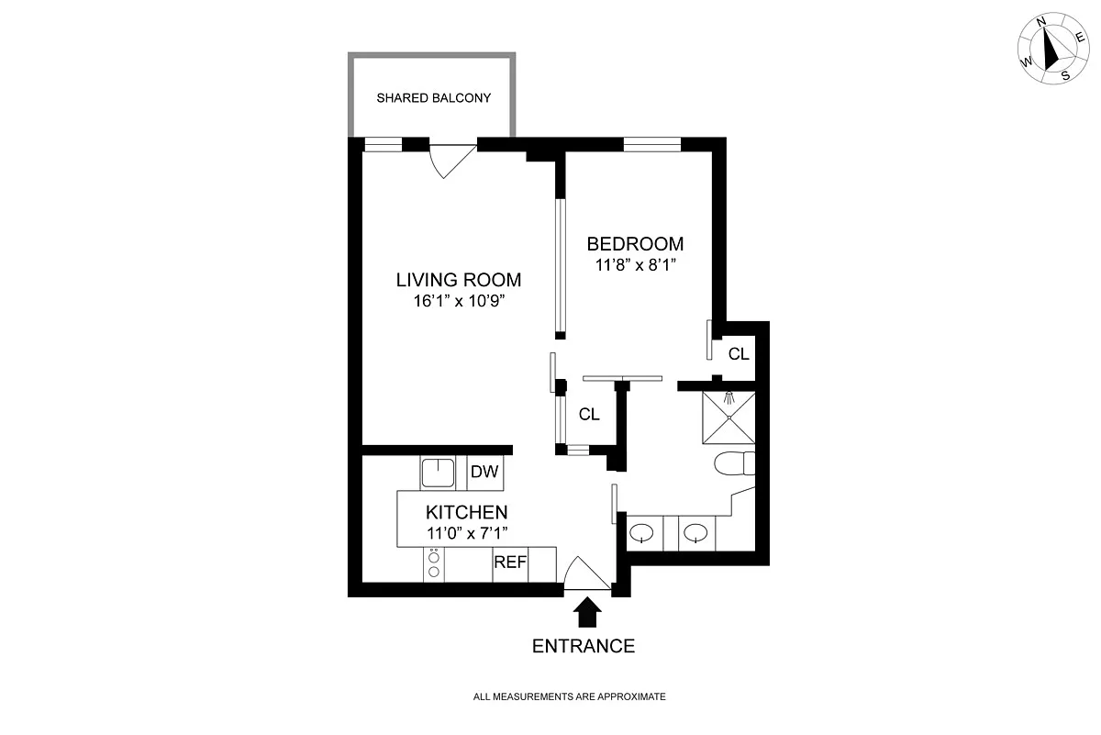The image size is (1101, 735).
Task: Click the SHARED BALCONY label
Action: pos(433,98)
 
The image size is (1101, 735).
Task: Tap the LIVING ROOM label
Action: pos(459,280)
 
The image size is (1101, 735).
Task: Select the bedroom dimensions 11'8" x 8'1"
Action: pos(636,265)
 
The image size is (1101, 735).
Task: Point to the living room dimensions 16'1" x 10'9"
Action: pos(459,301)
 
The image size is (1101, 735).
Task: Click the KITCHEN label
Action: pos(466,512)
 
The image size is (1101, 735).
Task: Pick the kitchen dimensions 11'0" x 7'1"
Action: pos(467,533)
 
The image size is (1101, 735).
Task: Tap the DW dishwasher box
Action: pos(485,473)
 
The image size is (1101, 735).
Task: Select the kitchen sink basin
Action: pos(438,473)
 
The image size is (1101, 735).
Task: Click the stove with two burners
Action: pos(433,564)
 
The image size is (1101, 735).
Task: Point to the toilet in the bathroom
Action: pos(734,463)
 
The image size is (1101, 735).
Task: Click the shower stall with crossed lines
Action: pos(728,418)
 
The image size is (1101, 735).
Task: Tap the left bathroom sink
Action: pos(642,532)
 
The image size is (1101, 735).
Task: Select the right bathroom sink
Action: pos(695,532)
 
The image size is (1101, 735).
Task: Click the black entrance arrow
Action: pos(587,612)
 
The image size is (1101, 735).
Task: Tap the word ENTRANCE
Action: pos(584,646)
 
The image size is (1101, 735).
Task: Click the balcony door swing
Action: pos(452,161)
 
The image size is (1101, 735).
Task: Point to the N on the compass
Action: pos(1040,36)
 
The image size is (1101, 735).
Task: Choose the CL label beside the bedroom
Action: pos(739,354)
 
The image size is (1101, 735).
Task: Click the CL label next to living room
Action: pos(589,415)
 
